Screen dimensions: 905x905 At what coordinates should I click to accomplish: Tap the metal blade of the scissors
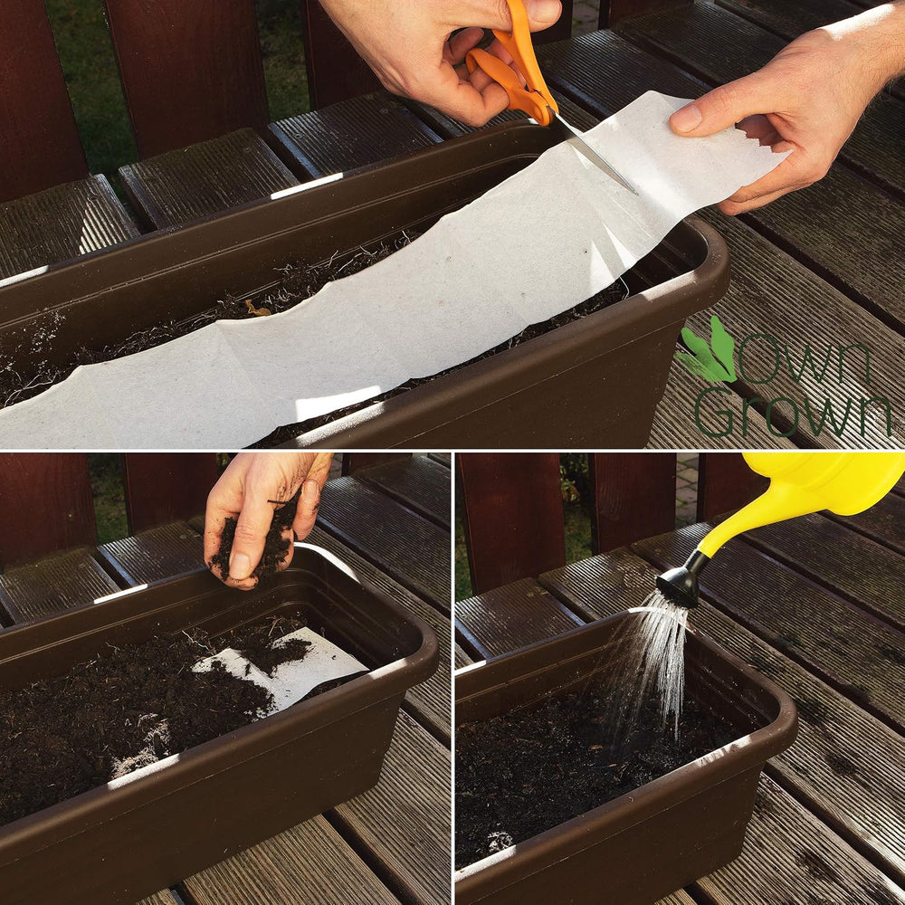coord(595,153)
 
